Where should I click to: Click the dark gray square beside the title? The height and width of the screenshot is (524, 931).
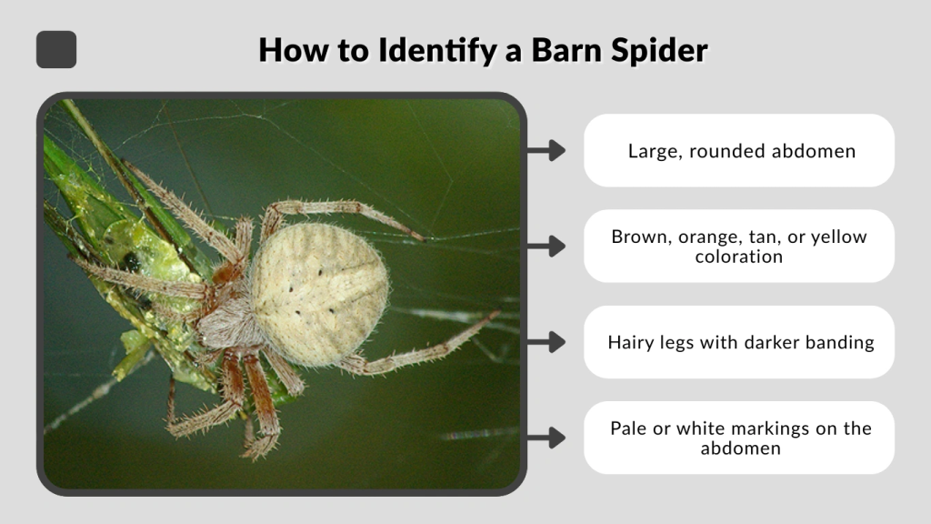click(x=56, y=49)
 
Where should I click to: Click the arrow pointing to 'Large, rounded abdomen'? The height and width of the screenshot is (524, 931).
click(x=546, y=150)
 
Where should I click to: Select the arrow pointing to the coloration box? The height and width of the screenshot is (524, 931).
click(x=546, y=246)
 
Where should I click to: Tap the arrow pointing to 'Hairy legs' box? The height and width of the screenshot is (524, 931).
click(x=546, y=342)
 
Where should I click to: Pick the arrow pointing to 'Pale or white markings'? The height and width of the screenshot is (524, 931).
click(x=546, y=438)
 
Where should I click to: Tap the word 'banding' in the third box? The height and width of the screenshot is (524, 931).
click(x=840, y=343)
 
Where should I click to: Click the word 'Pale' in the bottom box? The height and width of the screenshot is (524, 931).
click(x=628, y=428)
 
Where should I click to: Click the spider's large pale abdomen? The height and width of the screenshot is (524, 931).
click(x=318, y=291)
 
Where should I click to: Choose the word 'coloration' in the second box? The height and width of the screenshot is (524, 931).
click(x=739, y=257)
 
